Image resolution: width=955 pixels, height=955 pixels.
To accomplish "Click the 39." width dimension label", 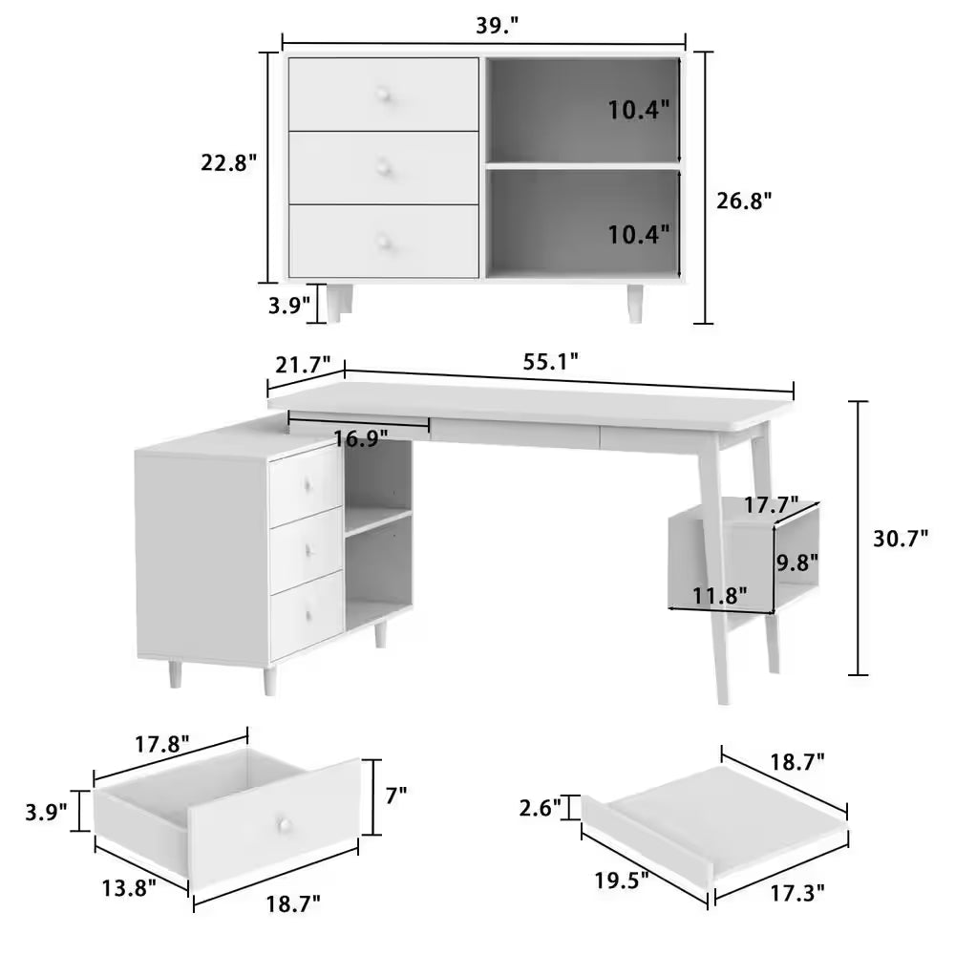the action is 497,26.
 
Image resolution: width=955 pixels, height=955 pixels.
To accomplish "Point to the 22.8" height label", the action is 229,162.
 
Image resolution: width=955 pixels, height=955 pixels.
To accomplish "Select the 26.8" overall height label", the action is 744,201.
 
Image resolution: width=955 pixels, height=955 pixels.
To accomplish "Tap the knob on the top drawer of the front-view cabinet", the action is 383,94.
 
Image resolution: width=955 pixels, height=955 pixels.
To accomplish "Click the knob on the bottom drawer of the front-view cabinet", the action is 383,242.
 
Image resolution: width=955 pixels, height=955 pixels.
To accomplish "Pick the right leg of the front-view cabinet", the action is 635,303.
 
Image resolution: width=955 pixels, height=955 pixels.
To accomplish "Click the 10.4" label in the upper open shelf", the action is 639,110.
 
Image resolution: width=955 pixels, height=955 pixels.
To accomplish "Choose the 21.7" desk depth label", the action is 304,365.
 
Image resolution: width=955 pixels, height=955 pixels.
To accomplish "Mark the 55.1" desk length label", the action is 551,362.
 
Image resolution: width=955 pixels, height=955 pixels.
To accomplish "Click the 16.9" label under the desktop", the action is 361,438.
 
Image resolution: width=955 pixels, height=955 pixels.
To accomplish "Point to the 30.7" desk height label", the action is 901,539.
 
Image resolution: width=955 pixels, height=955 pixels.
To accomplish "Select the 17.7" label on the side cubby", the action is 772,505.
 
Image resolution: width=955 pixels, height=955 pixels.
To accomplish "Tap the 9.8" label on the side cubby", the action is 796,562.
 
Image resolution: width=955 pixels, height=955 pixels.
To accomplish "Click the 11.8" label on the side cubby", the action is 720,596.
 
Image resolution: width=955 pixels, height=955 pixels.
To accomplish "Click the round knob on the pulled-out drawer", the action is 283,824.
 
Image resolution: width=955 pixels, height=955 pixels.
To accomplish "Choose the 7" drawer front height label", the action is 396,795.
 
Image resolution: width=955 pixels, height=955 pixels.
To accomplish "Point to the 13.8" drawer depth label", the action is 129,888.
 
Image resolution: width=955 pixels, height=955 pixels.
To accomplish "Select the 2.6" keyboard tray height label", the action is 541,808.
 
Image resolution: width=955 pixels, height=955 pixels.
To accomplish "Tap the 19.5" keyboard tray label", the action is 622,880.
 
